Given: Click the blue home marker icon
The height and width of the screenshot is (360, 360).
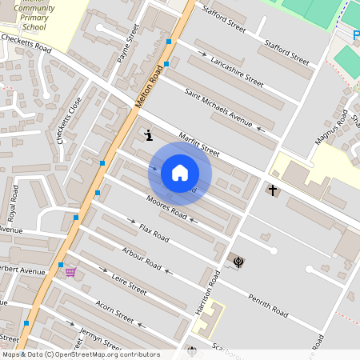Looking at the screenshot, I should [x=180, y=173].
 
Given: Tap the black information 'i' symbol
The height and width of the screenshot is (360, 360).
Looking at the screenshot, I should [x=149, y=136].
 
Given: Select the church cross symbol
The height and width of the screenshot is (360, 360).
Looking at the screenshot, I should [x=273, y=190].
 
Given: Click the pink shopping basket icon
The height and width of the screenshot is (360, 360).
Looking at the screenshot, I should [x=70, y=272].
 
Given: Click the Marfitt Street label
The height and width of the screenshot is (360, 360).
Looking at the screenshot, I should [x=199, y=145].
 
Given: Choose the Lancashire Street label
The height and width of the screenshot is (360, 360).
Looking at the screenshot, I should [x=236, y=71].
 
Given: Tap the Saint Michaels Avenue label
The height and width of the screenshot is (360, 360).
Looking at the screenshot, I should [x=218, y=107].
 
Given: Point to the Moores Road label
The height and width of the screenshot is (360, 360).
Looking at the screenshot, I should [x=167, y=208].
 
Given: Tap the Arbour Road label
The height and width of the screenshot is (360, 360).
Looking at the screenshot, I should [x=142, y=259].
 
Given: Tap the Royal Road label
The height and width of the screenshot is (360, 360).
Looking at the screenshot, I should [x=12, y=204].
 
